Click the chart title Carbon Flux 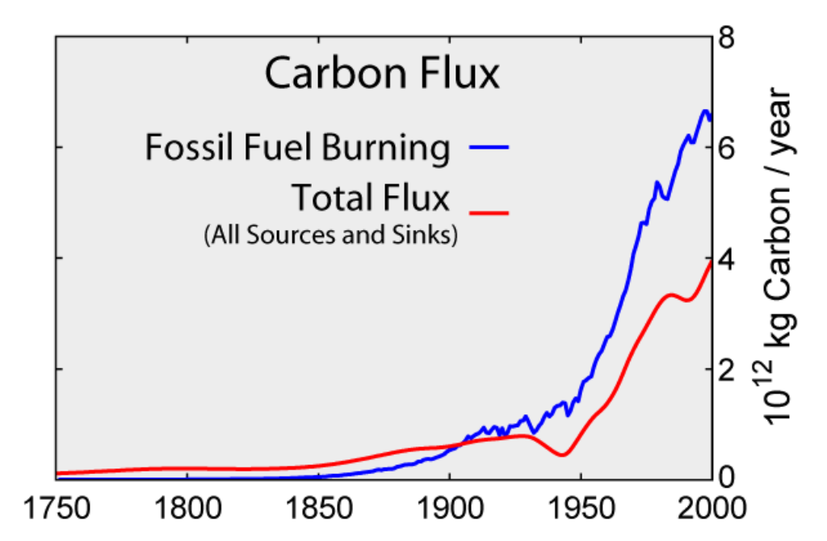(x=382, y=75)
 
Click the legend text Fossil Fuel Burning (x=297, y=148)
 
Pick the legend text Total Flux (x=370, y=198)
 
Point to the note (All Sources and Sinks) (x=331, y=235)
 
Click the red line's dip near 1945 (x=562, y=455)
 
